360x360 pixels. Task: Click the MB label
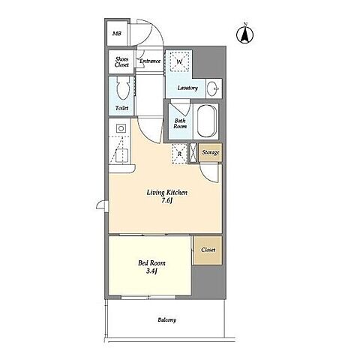click(117, 34)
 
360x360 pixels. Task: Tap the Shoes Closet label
click(121, 62)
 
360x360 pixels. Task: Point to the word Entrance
click(150, 61)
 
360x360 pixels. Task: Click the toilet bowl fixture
click(123, 88)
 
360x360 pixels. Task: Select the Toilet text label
click(121, 108)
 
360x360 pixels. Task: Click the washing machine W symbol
click(179, 61)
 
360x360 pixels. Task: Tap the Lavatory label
click(187, 88)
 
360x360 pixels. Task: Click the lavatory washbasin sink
click(213, 88)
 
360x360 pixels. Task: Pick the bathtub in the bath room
click(206, 121)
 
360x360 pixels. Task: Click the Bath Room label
click(180, 124)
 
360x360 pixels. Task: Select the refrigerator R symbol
click(179, 154)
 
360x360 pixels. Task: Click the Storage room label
click(211, 152)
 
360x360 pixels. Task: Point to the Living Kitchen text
click(167, 193)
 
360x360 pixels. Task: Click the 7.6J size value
click(167, 200)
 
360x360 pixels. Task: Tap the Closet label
click(208, 250)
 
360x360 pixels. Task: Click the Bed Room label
click(151, 263)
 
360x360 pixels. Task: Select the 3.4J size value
click(151, 271)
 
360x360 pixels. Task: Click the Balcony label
click(166, 319)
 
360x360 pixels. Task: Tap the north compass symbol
click(245, 34)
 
